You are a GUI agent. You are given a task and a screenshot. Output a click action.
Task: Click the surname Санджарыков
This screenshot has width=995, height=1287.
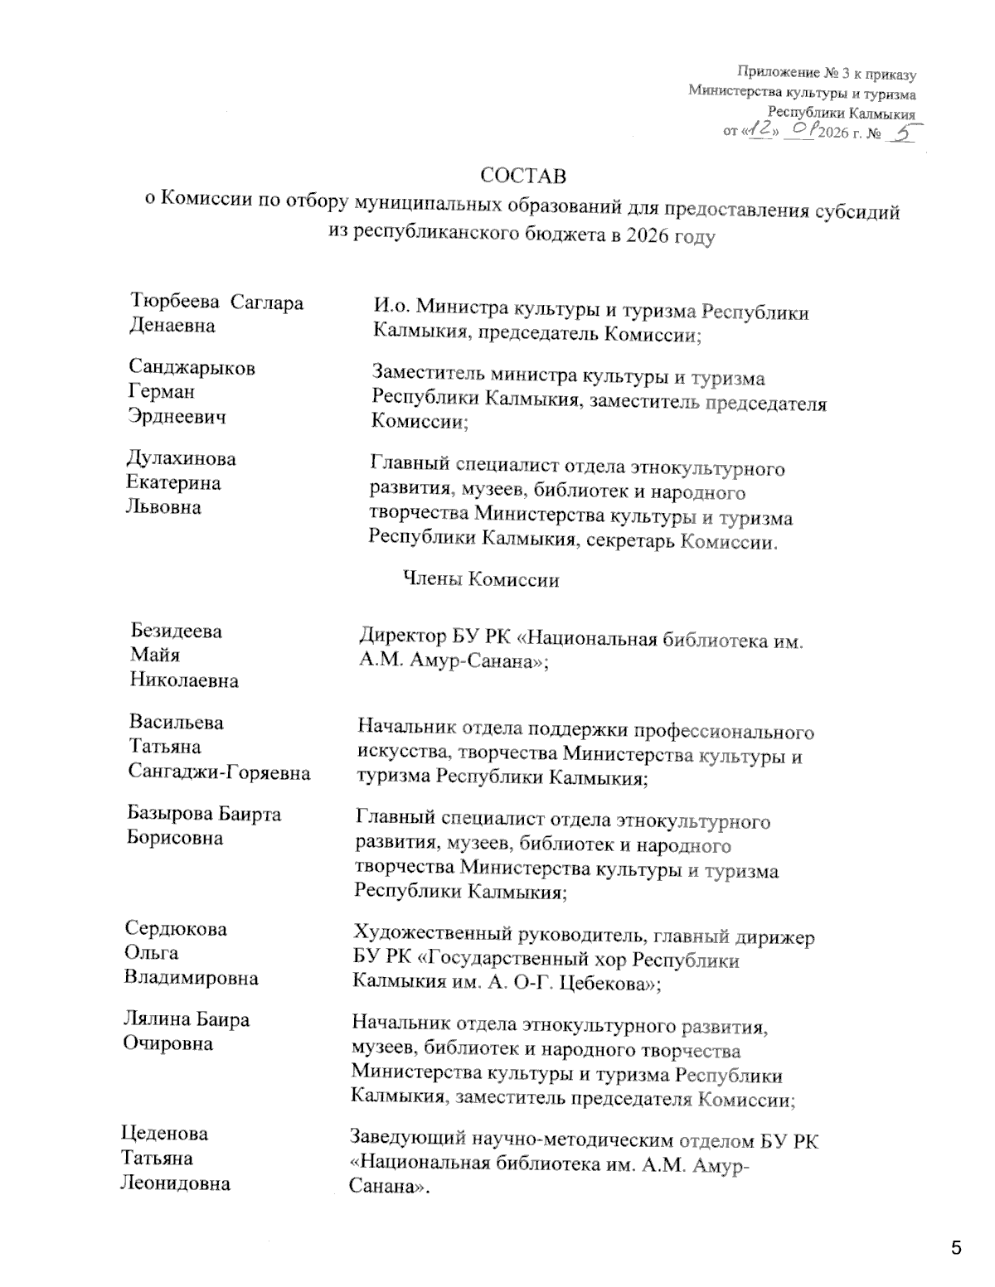192,368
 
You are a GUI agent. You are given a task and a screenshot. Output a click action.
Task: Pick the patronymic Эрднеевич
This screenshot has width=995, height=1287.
177,417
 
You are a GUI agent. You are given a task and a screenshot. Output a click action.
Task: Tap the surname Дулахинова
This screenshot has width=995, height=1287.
181,459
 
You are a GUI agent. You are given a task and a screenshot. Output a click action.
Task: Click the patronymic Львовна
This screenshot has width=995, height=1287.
163,507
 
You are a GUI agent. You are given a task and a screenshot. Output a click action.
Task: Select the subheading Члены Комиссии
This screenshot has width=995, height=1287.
480,580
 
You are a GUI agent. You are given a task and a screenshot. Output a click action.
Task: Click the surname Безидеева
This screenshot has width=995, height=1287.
176,631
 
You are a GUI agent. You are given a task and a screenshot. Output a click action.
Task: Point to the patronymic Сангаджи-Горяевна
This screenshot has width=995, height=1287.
220,773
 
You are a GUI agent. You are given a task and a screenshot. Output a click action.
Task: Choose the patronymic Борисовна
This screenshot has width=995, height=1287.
175,838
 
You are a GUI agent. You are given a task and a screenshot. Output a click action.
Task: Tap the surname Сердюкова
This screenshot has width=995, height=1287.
175,929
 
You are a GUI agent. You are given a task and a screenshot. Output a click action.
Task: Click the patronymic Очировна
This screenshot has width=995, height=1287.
167,1043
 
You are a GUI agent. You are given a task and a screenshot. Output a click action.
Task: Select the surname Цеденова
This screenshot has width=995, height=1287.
164,1134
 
